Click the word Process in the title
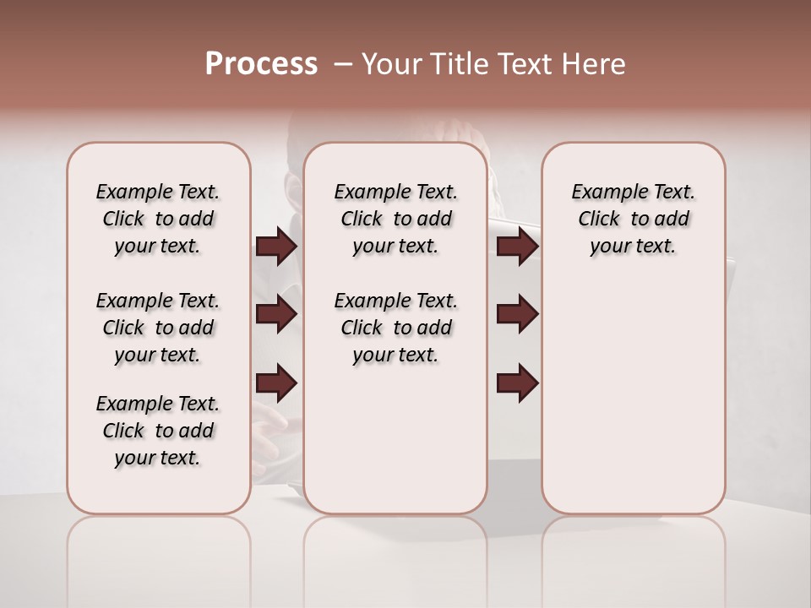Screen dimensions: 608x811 pos(261,64)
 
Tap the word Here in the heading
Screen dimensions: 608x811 pos(594,64)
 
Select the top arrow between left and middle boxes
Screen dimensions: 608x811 pos(276,247)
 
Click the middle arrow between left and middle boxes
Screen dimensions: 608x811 pos(276,314)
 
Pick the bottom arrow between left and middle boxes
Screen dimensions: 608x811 pos(276,383)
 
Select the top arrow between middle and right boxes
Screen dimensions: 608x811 pos(517,247)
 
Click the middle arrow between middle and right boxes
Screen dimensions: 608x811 pos(517,314)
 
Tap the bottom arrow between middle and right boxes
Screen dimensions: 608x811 pos(517,383)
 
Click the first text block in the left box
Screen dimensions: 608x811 pos(158,219)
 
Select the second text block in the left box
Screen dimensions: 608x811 pos(158,328)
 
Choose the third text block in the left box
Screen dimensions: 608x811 pos(158,431)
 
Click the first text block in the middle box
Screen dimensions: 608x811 pos(395,219)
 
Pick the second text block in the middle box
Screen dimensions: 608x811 pos(395,328)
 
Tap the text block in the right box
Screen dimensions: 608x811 pos(633,219)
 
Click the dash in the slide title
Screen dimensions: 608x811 pos(342,64)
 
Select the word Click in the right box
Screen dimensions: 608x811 pos(599,220)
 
